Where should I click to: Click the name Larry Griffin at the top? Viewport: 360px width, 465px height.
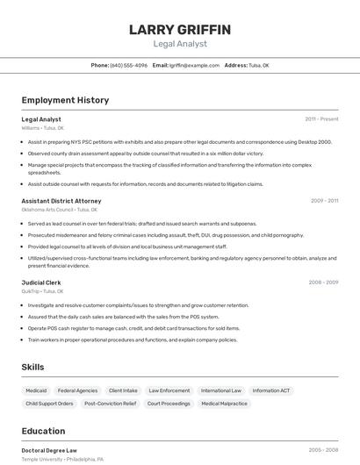pyautogui.click(x=180, y=30)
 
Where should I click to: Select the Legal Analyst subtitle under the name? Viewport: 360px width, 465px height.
pyautogui.click(x=180, y=44)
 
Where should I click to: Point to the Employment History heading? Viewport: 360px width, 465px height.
pyautogui.click(x=65, y=100)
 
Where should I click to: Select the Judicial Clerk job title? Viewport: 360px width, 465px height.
pyautogui.click(x=41, y=283)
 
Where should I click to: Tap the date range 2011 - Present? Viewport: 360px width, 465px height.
pyautogui.click(x=321, y=118)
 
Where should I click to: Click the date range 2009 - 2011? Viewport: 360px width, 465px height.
pyautogui.click(x=324, y=201)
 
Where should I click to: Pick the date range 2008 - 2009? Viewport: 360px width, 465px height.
pyautogui.click(x=323, y=283)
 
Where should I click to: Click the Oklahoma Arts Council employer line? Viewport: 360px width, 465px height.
pyautogui.click(x=60, y=210)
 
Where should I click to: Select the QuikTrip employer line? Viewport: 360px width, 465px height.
pyautogui.click(x=42, y=291)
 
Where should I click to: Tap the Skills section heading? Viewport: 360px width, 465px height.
pyautogui.click(x=32, y=367)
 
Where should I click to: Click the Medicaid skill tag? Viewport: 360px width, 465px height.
pyautogui.click(x=36, y=390)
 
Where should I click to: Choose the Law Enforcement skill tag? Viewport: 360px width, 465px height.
pyautogui.click(x=169, y=390)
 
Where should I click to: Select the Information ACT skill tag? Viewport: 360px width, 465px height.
pyautogui.click(x=271, y=390)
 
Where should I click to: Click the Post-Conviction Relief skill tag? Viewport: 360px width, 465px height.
pyautogui.click(x=110, y=404)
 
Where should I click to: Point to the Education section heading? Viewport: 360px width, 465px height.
pyautogui.click(x=43, y=432)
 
